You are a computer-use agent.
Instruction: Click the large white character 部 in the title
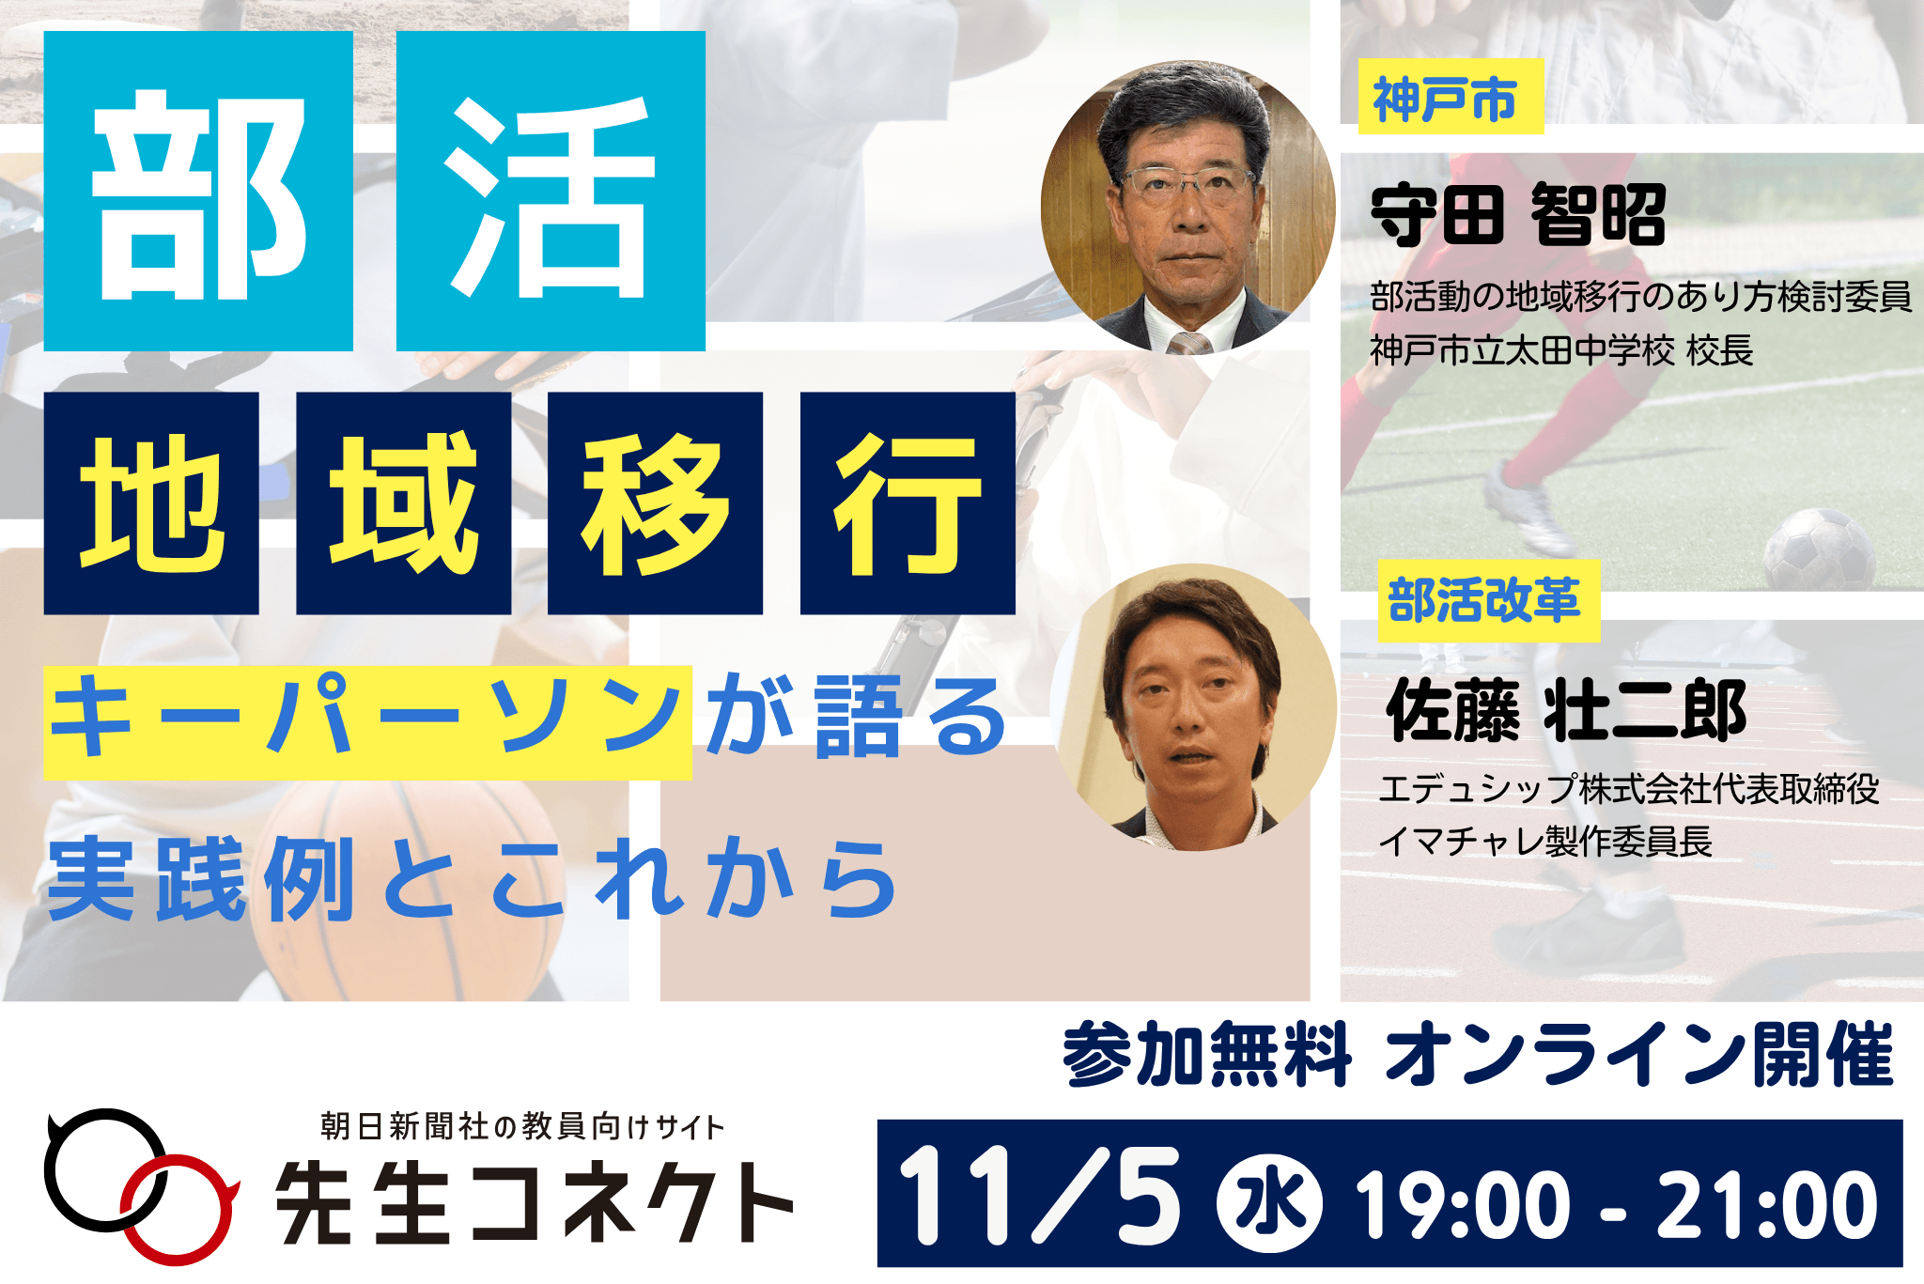pyautogui.click(x=198, y=193)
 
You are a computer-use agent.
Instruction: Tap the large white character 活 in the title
pyautogui.click(x=551, y=193)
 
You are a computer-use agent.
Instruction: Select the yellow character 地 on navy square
pyautogui.click(x=151, y=503)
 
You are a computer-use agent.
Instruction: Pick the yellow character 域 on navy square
pyautogui.click(x=404, y=503)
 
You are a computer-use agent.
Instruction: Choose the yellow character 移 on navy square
pyautogui.click(x=655, y=503)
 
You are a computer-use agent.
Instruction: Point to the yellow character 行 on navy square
pyautogui.click(x=908, y=503)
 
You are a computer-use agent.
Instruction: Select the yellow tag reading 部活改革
pyautogui.click(x=1487, y=601)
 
